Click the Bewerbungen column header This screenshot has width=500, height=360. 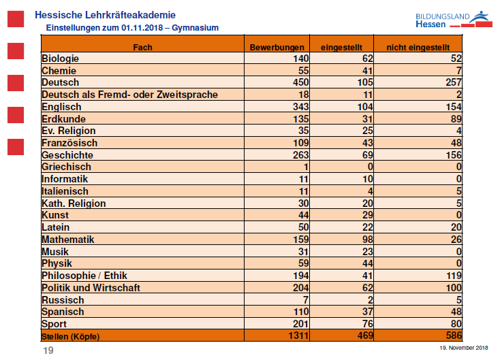(x=277, y=46)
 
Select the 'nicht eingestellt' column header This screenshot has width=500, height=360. (x=419, y=46)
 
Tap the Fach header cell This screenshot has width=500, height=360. (x=142, y=46)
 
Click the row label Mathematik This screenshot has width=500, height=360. (x=68, y=240)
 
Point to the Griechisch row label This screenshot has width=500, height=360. (x=66, y=167)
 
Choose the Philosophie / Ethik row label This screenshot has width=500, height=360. (x=84, y=276)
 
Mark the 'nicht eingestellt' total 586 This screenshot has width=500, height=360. (x=453, y=336)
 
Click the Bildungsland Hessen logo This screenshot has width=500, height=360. (x=452, y=19)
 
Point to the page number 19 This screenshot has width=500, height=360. (x=48, y=350)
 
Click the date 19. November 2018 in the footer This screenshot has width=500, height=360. (x=464, y=348)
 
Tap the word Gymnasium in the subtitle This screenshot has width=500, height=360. (x=196, y=27)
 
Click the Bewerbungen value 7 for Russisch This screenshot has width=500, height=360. (x=306, y=300)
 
